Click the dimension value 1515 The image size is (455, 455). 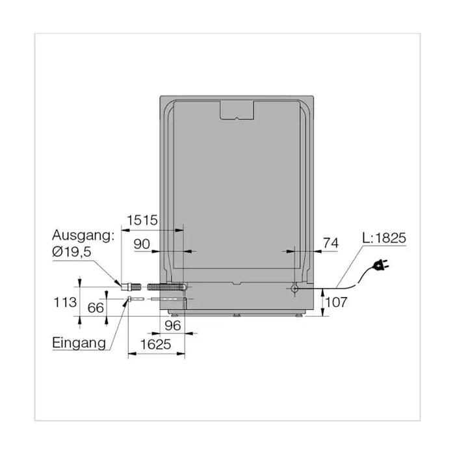142,220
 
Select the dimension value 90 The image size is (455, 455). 142,244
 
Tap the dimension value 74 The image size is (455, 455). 331,243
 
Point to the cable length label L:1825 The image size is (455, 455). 384,238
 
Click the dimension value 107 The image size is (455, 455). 336,302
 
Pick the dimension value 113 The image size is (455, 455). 65,302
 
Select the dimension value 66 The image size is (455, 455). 96,308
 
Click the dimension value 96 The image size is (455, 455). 173,326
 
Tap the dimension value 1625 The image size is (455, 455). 155,344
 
